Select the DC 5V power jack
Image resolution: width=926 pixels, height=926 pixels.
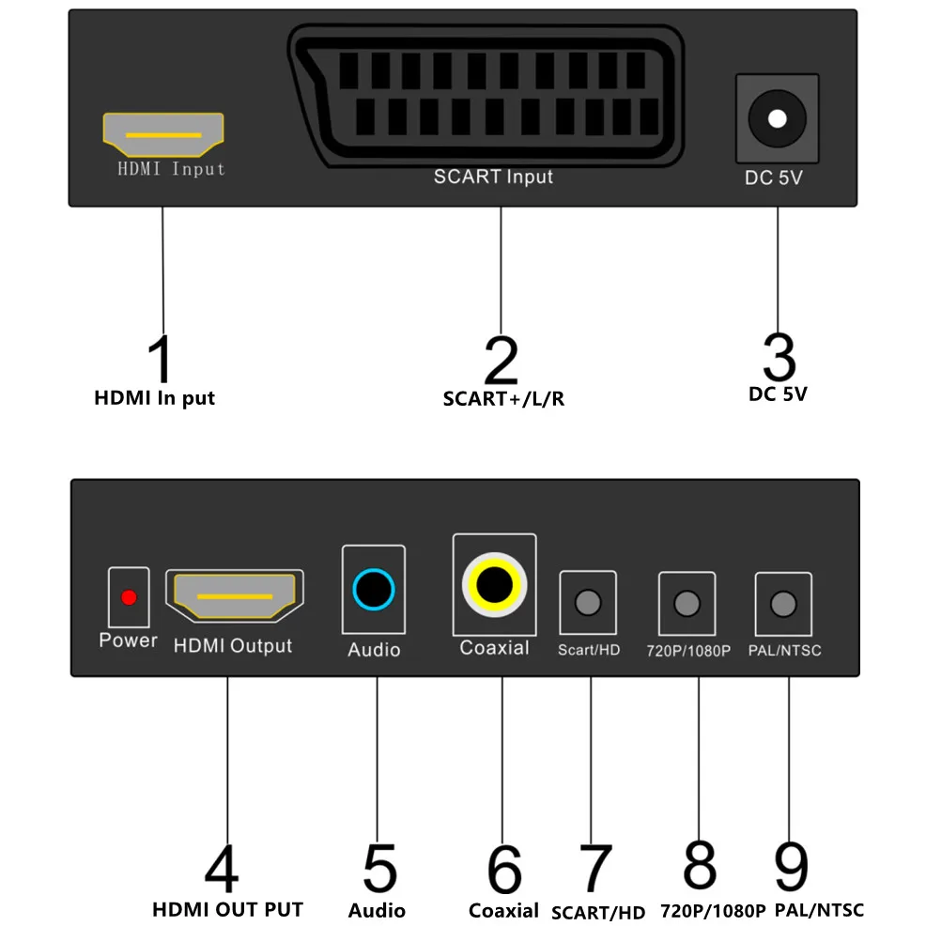pos(777,119)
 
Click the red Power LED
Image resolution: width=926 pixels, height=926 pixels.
pos(130,597)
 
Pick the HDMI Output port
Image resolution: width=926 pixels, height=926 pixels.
pos(235,596)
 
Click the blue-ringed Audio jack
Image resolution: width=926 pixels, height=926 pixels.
pos(374,592)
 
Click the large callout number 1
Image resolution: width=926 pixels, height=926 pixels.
pos(162,359)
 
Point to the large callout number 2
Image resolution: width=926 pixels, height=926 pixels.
pos(502,359)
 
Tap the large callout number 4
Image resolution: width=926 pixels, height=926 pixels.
pos(222,869)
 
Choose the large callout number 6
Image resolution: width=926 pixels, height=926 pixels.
pos(504,870)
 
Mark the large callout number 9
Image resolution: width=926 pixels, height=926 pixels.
pos(792,866)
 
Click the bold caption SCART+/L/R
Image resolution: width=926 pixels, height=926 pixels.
pos(503,398)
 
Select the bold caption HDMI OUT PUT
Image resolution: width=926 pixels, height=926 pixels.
pos(227,909)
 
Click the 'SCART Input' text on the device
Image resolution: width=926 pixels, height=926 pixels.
pos(493,177)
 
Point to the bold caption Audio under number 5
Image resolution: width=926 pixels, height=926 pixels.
pos(377,910)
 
